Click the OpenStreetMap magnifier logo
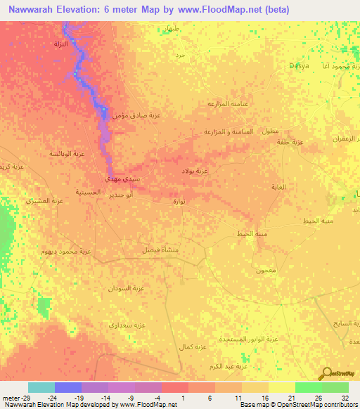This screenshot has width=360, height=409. point(327,375)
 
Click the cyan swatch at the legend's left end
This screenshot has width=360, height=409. point(41,387)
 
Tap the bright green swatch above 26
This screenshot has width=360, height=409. point(308,387)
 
